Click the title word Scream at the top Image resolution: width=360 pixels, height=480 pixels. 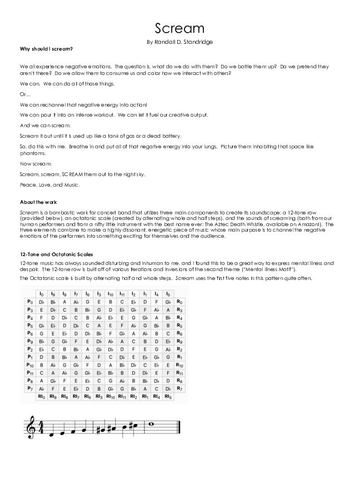179,28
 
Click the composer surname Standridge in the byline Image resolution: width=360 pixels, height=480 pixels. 196,42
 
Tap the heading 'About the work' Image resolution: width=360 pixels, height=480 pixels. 38,202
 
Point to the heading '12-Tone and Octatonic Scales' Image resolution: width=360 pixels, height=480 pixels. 52,254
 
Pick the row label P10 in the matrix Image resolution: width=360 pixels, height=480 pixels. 30,365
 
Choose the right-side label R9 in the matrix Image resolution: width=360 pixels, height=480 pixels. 179,341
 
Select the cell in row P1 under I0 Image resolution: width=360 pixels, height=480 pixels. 41,357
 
